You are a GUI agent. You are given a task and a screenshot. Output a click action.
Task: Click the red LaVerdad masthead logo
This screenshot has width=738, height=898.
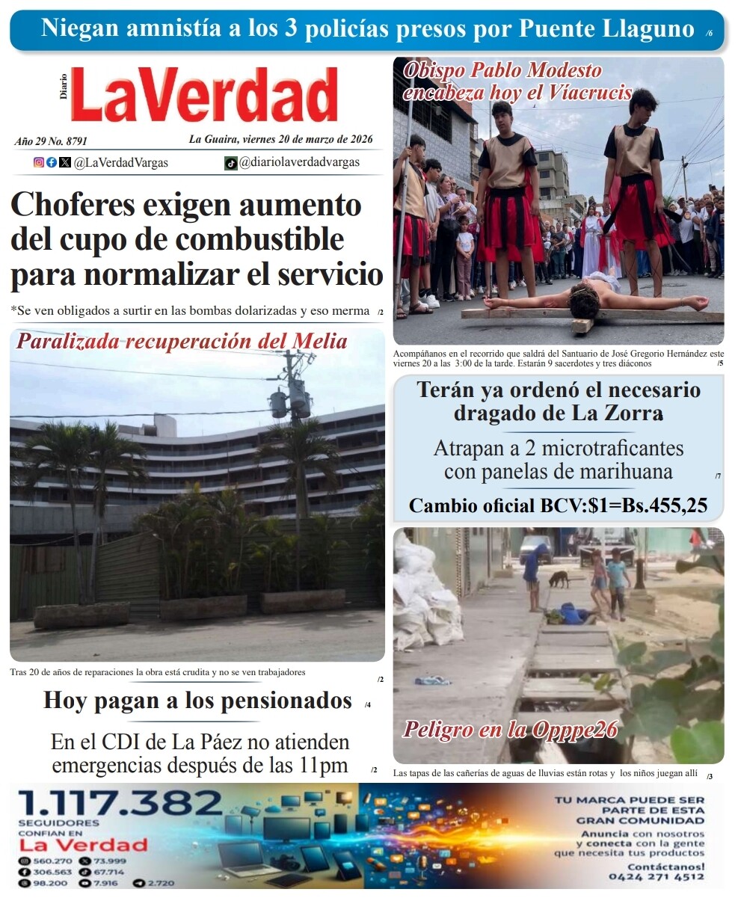point(206,96)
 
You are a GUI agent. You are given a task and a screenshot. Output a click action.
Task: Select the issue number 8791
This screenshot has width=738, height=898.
point(77,141)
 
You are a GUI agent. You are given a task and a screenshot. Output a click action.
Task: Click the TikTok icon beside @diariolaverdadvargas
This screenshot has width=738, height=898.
point(231,163)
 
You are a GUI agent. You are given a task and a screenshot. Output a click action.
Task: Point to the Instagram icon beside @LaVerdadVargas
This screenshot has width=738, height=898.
point(39,162)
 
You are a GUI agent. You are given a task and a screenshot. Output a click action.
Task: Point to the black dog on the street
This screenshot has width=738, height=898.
point(559,578)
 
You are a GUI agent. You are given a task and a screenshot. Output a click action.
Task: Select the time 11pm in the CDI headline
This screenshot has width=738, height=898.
point(322,765)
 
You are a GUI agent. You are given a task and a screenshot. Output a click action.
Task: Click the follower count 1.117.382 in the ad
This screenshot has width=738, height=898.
point(120,805)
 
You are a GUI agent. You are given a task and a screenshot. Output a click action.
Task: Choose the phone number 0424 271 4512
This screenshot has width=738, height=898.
point(656,876)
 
